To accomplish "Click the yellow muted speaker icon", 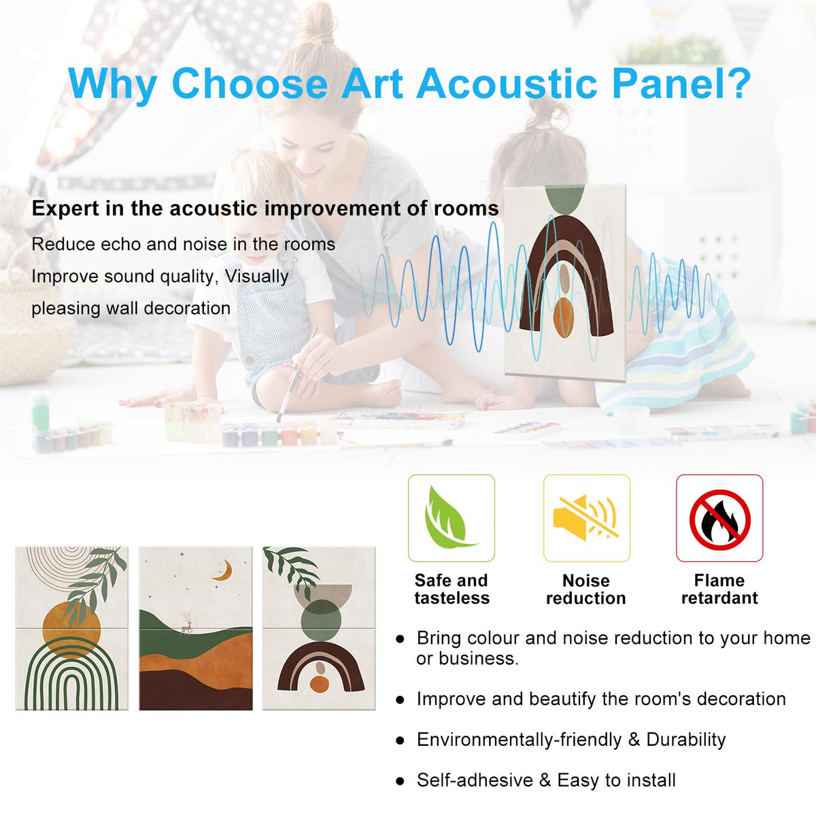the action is (x=585, y=517).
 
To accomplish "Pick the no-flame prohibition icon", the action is (x=719, y=519).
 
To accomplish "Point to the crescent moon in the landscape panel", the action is (x=223, y=570).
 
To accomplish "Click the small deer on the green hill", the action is (x=186, y=622).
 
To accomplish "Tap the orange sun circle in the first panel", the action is (x=71, y=630).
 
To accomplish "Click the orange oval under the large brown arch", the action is (x=564, y=317).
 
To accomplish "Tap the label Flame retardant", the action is (x=719, y=589).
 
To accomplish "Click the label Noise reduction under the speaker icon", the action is (x=585, y=590).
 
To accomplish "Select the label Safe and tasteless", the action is (x=452, y=589).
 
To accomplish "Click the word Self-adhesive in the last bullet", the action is (x=475, y=780).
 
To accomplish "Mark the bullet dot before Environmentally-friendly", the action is (x=400, y=741).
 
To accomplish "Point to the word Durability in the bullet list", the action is (x=685, y=739).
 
